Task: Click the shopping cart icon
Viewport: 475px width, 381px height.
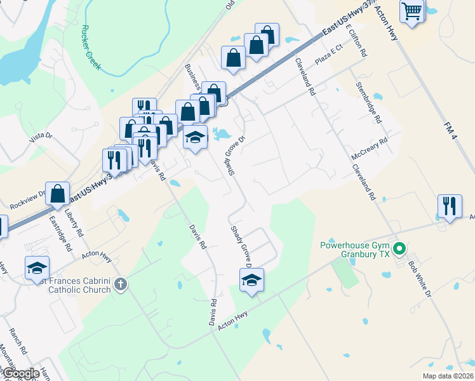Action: (412, 11)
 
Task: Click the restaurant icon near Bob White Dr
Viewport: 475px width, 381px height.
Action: (450, 206)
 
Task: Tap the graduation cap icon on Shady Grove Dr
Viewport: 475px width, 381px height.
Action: (251, 279)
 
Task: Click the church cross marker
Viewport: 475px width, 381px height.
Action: (121, 284)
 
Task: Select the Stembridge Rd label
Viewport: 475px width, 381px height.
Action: (369, 102)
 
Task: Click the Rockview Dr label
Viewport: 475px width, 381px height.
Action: (29, 200)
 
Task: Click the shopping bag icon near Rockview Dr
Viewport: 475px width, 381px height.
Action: (58, 194)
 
